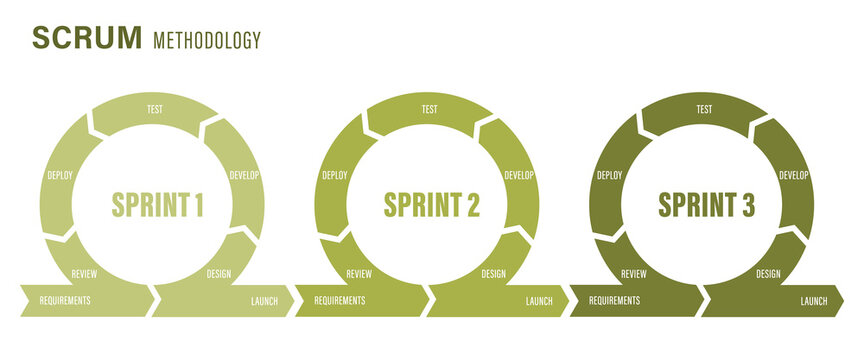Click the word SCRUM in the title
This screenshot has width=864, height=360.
click(87, 38)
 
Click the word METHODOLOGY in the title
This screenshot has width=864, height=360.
click(207, 40)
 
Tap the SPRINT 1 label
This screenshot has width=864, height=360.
click(158, 205)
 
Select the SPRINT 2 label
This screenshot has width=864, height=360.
click(432, 205)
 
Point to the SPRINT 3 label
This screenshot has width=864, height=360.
click(706, 205)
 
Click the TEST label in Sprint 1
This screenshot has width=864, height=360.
click(155, 109)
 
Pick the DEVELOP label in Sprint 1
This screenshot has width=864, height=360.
click(244, 175)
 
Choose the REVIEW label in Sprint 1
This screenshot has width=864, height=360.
click(84, 273)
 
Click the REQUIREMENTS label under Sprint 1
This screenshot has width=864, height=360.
click(65, 300)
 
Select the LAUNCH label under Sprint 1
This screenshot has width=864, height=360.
click(265, 300)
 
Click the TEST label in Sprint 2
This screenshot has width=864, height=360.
click(430, 109)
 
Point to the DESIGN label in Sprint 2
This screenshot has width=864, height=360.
click(493, 273)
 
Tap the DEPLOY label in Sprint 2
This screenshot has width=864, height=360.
click(335, 175)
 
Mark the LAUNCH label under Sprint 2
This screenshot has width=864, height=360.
click(539, 300)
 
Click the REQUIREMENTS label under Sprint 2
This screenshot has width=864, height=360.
click(340, 300)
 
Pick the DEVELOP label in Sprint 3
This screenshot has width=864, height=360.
click(793, 175)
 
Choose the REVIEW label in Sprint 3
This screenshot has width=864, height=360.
click(633, 273)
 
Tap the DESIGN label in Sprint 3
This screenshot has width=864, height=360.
click(768, 273)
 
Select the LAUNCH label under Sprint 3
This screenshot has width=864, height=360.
click(814, 300)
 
